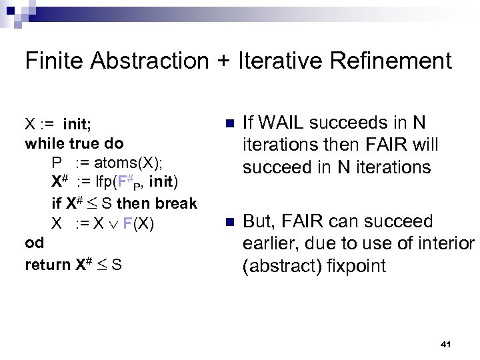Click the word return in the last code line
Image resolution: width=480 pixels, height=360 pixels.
pos(47,265)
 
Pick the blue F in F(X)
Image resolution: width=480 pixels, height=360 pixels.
pos(127,223)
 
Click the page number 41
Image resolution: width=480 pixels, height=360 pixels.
pos(446,344)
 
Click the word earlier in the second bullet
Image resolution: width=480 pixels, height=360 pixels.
pos(269,244)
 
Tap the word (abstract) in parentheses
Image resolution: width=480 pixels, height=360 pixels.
pos(281,266)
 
